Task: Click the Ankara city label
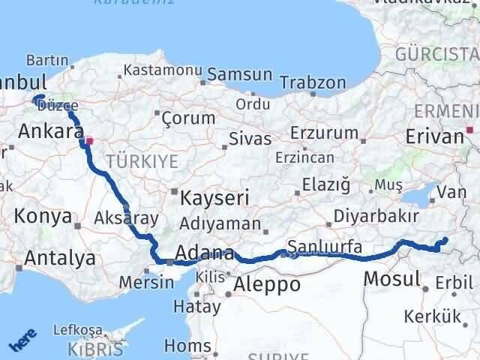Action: click(50, 132)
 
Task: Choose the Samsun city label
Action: click(239, 74)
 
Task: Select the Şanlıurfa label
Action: click(325, 247)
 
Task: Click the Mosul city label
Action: click(391, 280)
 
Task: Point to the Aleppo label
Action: click(267, 284)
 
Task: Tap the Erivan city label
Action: click(434, 136)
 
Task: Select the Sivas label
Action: click(248, 139)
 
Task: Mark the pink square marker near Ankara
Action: click(89, 140)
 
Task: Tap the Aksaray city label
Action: click(127, 219)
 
